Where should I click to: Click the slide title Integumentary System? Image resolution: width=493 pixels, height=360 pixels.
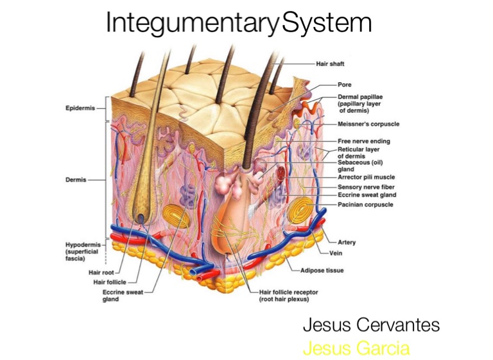[x=239, y=24]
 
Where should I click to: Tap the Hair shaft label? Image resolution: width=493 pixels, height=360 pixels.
[x=330, y=64]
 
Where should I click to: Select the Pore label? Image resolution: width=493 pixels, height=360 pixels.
[x=344, y=84]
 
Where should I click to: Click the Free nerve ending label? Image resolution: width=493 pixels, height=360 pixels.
[x=363, y=141]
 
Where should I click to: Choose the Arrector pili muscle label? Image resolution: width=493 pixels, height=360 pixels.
[x=366, y=177]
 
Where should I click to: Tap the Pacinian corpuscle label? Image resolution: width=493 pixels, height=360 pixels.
[x=365, y=205]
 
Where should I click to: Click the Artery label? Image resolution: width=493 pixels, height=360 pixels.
[x=347, y=243]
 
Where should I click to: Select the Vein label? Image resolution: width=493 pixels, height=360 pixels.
[x=345, y=253]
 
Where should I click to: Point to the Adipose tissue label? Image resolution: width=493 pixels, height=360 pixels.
[x=322, y=271]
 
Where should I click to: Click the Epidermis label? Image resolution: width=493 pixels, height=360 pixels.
[x=80, y=108]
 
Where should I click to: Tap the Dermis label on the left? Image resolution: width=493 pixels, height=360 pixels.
[x=76, y=180]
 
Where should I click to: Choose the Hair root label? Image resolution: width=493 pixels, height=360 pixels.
[x=101, y=272]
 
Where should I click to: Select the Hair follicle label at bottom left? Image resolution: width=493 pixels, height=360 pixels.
[x=110, y=282]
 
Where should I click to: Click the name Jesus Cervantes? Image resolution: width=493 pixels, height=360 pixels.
[x=371, y=325]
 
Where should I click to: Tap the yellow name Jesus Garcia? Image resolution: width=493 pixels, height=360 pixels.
[x=356, y=348]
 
